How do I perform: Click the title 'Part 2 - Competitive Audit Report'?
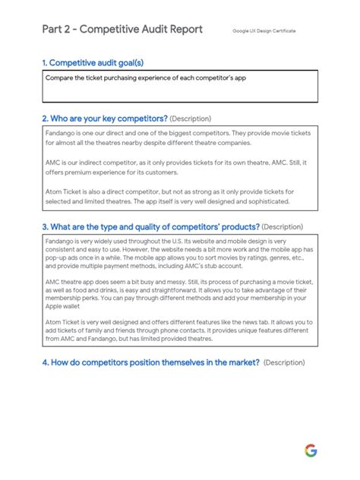[122, 30]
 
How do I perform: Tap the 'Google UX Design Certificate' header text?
[264, 31]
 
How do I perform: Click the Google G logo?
[311, 450]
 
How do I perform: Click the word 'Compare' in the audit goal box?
[60, 78]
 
